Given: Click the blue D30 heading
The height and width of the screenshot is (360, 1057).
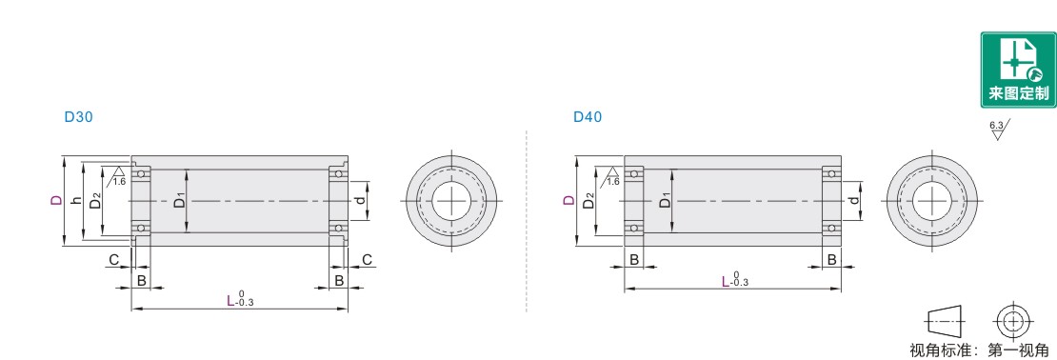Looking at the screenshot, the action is click(78, 116).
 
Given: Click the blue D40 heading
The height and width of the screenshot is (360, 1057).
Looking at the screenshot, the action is click(588, 116).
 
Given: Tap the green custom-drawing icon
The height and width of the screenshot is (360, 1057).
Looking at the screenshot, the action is click(1018, 70).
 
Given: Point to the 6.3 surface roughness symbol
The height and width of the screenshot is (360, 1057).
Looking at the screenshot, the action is click(998, 130).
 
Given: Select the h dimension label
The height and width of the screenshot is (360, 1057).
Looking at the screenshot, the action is click(76, 200).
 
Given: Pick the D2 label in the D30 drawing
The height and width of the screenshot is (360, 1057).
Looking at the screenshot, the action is click(96, 201).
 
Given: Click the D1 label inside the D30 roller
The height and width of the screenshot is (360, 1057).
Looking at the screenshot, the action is click(179, 200).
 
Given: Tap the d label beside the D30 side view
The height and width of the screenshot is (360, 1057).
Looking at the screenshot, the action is click(361, 200).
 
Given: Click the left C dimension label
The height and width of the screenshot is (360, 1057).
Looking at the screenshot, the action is click(114, 260).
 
